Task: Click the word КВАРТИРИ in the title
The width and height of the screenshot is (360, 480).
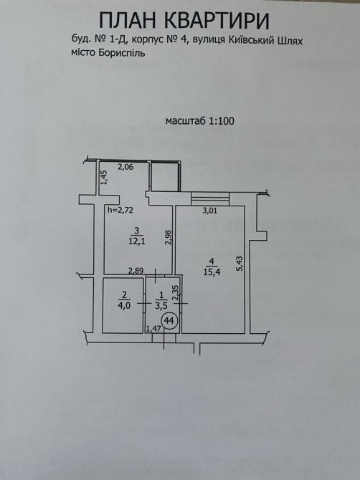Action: [217, 21]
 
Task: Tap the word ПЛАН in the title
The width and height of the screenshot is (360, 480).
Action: [128, 21]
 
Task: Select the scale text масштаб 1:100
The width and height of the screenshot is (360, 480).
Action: [200, 121]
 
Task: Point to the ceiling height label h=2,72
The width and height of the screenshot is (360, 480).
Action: [120, 210]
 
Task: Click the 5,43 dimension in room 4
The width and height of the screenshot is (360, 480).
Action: [240, 264]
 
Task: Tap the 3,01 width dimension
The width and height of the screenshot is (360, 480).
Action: [210, 211]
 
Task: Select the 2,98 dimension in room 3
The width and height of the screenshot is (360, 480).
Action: [169, 237]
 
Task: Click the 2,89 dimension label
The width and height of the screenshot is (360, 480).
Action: [136, 270]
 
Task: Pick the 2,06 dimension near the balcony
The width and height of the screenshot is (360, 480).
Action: [125, 167]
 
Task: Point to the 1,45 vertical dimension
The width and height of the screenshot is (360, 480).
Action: [105, 178]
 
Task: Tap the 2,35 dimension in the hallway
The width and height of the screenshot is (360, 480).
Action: [176, 293]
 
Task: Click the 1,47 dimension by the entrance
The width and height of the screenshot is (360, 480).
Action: [153, 329]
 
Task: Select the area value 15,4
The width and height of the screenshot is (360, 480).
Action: [212, 272]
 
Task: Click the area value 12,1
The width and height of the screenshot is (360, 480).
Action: [137, 241]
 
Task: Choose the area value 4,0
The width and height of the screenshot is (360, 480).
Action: [124, 305]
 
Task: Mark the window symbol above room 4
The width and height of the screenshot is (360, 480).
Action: [210, 198]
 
